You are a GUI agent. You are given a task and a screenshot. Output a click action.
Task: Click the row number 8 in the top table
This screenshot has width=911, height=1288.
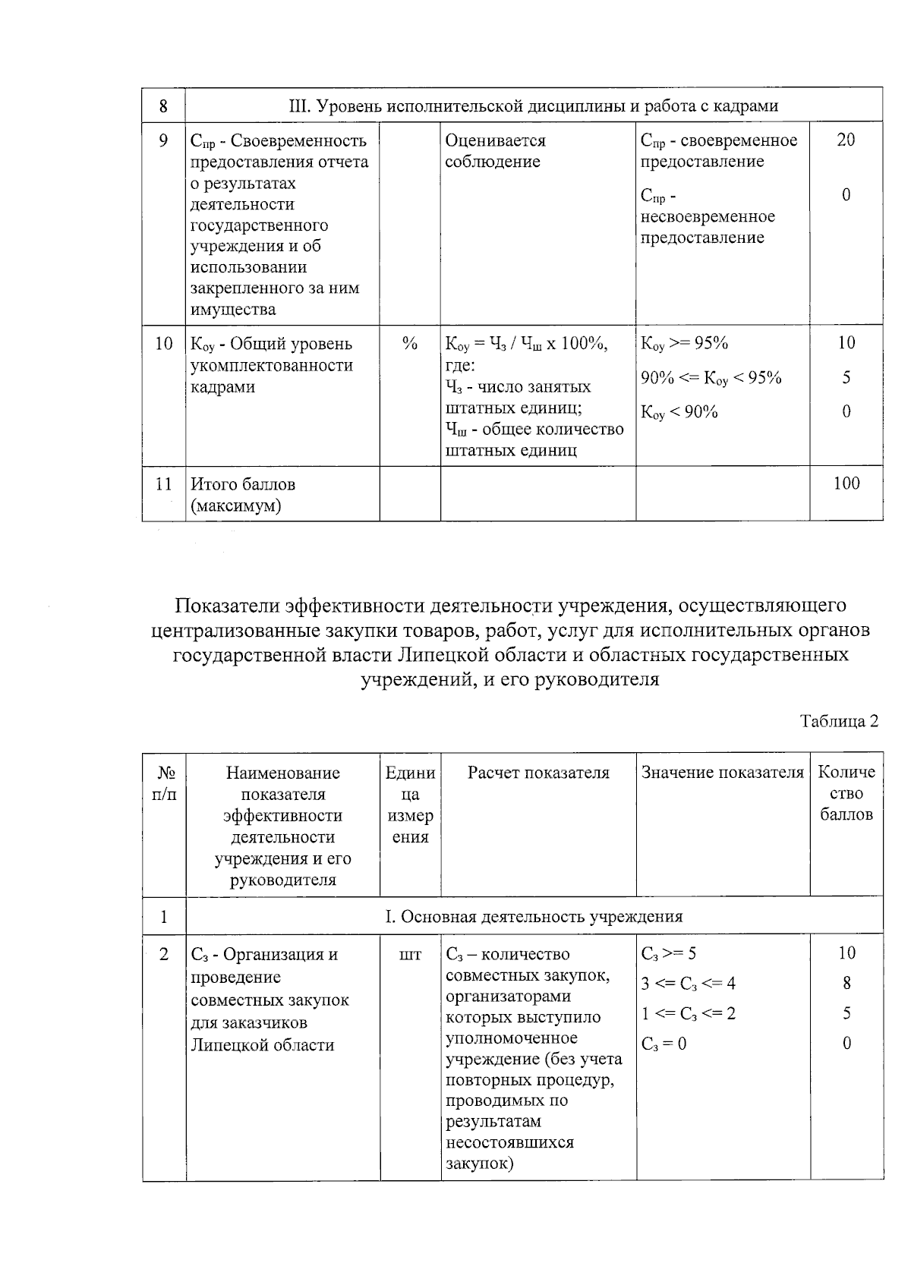163,105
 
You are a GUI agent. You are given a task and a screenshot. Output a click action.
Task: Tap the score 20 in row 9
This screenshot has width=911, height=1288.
846,140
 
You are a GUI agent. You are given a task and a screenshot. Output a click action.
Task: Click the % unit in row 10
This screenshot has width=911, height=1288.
410,344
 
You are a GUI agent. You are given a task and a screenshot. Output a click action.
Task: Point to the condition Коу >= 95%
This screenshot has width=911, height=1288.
684,343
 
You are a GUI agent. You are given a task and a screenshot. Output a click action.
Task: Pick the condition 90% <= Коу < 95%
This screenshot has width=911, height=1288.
711,378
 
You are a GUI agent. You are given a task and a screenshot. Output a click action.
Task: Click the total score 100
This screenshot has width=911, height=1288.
846,483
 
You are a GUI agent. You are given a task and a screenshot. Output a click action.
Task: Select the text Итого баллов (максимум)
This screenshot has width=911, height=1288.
243,495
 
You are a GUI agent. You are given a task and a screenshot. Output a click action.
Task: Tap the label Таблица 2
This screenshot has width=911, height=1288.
839,721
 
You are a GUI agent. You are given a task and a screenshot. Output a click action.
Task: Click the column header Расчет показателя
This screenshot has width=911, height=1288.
538,773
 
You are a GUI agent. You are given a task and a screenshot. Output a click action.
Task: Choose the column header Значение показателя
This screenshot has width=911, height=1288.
722,773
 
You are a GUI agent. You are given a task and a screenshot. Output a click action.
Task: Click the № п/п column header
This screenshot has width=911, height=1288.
164,783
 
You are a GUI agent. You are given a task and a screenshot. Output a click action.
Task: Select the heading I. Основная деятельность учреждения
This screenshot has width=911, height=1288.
534,916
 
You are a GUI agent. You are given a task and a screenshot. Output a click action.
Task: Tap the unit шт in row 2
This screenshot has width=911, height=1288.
410,955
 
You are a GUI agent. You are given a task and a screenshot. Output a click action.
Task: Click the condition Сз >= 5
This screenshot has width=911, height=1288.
668,953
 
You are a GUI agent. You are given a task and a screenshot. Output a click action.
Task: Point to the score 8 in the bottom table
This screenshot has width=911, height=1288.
846,984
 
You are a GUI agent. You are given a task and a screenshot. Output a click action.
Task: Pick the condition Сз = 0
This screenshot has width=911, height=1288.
664,1044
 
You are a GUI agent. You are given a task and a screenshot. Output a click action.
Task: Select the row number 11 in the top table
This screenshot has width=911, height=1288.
163,484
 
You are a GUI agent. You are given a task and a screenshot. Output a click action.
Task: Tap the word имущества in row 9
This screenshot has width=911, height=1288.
233,310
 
